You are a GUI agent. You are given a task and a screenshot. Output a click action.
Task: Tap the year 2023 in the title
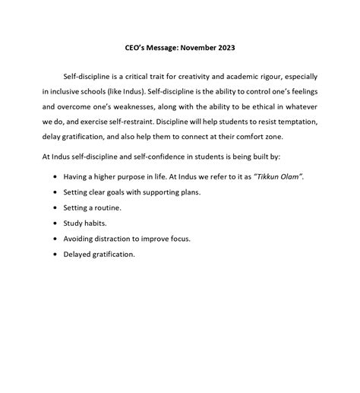tap(226, 46)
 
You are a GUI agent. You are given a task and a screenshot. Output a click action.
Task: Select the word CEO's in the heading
tap(135, 46)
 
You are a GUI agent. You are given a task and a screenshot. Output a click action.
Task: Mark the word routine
tap(108, 208)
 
